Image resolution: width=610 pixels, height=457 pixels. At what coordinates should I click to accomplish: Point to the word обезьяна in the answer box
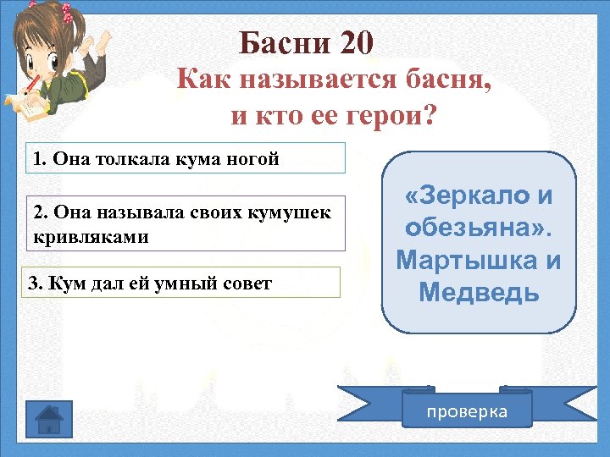coord(469,228)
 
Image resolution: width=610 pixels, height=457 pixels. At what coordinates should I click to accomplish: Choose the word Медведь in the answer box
coord(479,293)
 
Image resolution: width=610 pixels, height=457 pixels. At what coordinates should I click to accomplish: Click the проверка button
coord(467,411)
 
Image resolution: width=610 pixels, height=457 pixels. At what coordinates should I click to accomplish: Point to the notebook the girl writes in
coord(23,106)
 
